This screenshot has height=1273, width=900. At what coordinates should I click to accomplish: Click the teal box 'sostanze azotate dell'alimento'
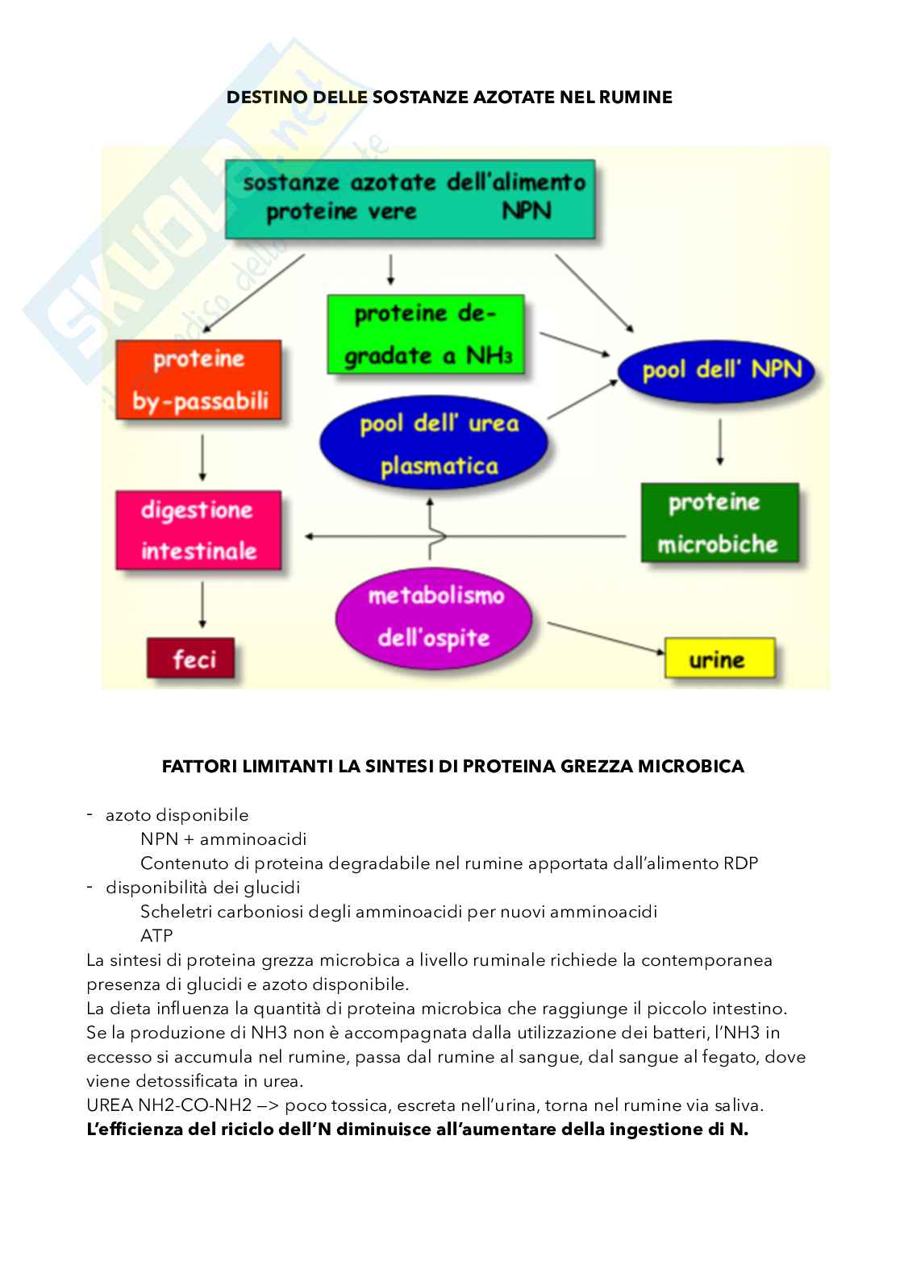tap(410, 198)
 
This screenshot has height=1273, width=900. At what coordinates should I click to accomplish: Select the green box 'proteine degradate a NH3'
tap(425, 334)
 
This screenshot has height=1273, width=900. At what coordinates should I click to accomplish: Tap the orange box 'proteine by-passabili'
tap(198, 380)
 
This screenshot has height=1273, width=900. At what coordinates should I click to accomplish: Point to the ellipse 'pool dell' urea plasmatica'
tap(434, 443)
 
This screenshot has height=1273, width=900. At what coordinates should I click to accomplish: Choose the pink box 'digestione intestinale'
tap(198, 530)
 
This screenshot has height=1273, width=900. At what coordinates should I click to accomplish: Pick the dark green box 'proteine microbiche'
tap(719, 522)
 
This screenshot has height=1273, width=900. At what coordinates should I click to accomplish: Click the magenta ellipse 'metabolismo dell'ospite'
tap(434, 617)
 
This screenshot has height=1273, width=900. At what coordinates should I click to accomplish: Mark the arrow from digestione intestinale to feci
tap(202, 605)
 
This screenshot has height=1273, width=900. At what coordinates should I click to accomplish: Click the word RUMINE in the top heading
tap(635, 98)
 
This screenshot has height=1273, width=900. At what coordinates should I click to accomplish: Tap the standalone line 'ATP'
tap(156, 936)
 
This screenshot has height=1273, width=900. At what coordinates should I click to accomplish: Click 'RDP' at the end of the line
tap(740, 863)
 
